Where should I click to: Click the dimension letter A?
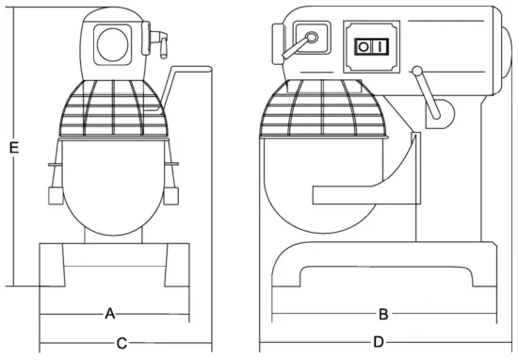[109, 312]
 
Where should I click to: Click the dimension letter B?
[383, 313]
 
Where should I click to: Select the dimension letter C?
[121, 343]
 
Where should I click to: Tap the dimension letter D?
[379, 341]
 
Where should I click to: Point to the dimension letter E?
[12, 147]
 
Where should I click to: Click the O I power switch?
[370, 46]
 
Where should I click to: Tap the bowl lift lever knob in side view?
[436, 111]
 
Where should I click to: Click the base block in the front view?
[113, 265]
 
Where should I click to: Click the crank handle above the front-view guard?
[188, 71]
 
